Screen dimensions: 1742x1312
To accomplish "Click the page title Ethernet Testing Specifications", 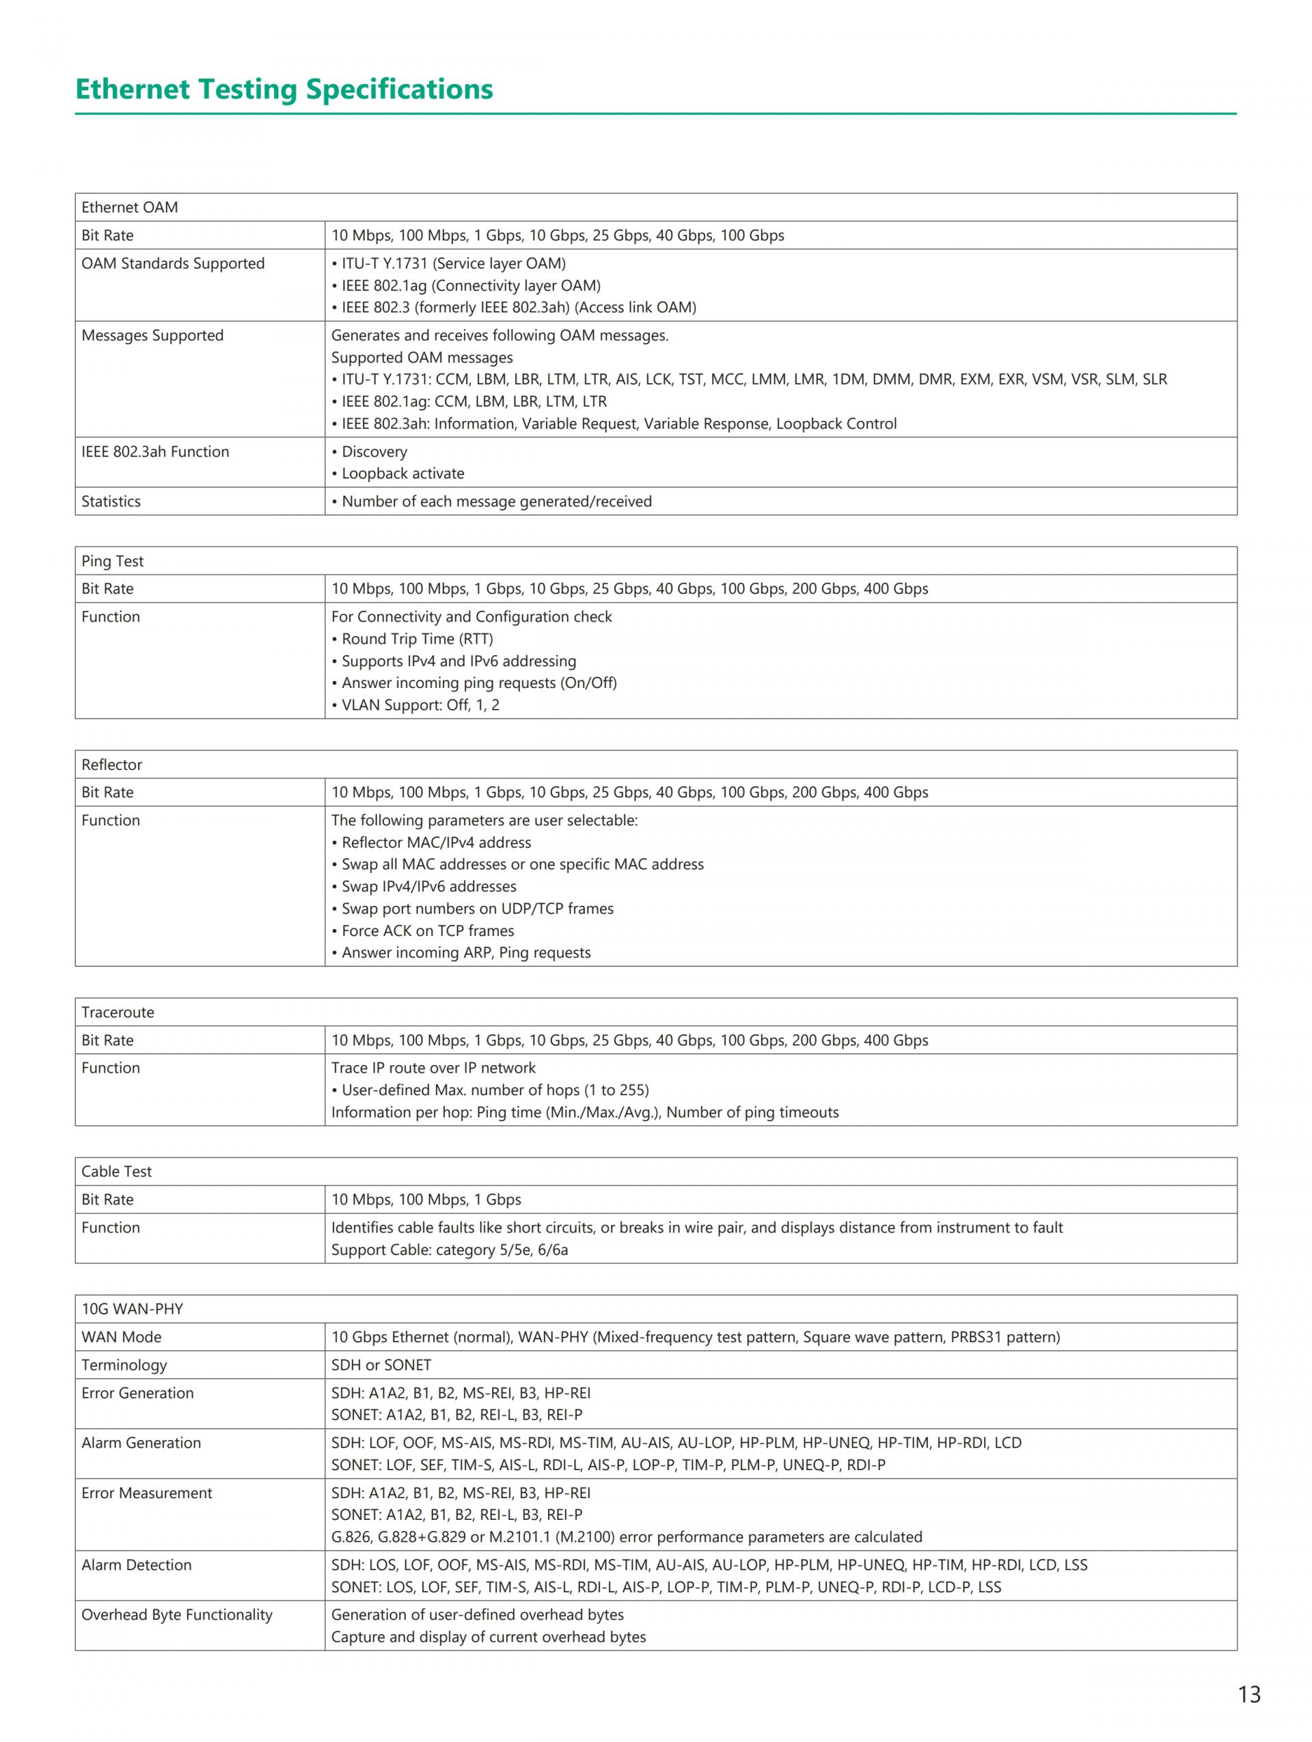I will [284, 89].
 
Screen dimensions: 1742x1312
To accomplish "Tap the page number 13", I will [1248, 1694].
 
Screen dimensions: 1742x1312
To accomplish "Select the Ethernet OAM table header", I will [130, 207].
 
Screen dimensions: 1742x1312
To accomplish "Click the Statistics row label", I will [111, 501].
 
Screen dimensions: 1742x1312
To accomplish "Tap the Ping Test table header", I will [113, 561].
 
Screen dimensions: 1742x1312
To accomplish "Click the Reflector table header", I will [112, 764].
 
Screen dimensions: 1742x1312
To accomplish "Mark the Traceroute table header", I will [118, 1012].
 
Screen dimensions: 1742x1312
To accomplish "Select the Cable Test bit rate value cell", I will [426, 1200].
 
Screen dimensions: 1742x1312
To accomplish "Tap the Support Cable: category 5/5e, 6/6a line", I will [449, 1249].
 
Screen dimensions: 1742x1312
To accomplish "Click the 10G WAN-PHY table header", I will [133, 1309].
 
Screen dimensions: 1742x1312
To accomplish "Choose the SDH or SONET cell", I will [381, 1365].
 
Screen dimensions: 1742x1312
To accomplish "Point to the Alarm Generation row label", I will [141, 1443].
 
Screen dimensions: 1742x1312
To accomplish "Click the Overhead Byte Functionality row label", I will [176, 1614].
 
